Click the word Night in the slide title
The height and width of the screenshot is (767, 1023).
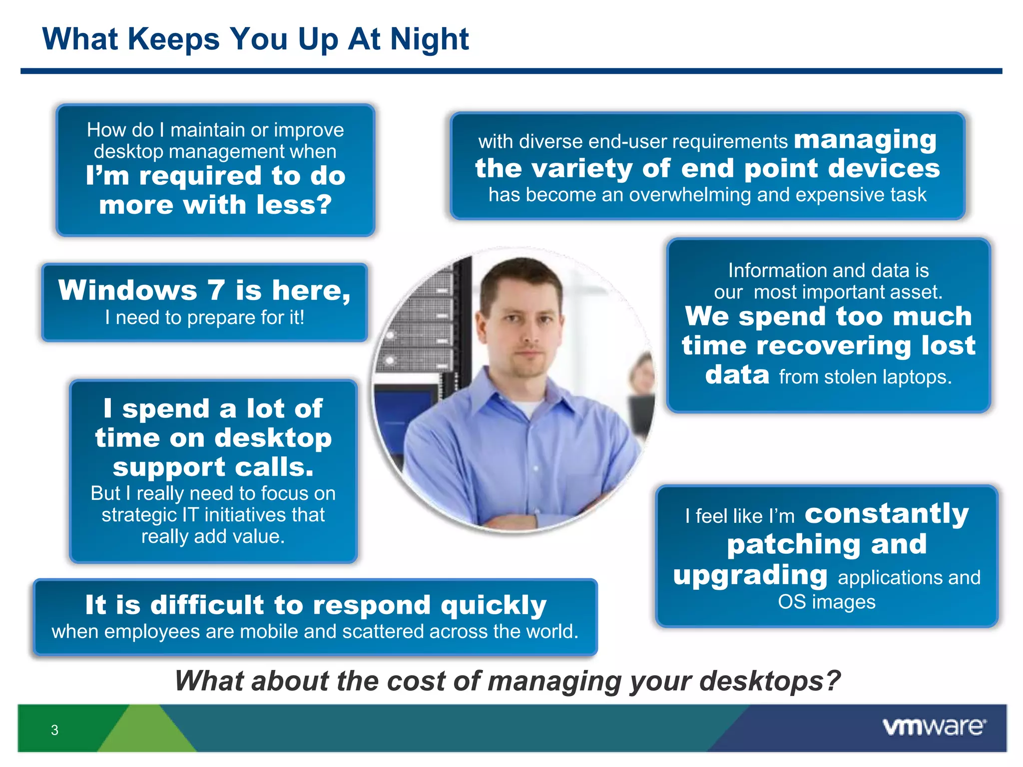pos(429,39)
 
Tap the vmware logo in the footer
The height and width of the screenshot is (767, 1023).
pos(934,727)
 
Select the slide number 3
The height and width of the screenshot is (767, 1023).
pos(54,730)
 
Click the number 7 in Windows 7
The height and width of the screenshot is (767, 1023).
pos(216,290)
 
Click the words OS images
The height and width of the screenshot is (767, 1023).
pos(827,602)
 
